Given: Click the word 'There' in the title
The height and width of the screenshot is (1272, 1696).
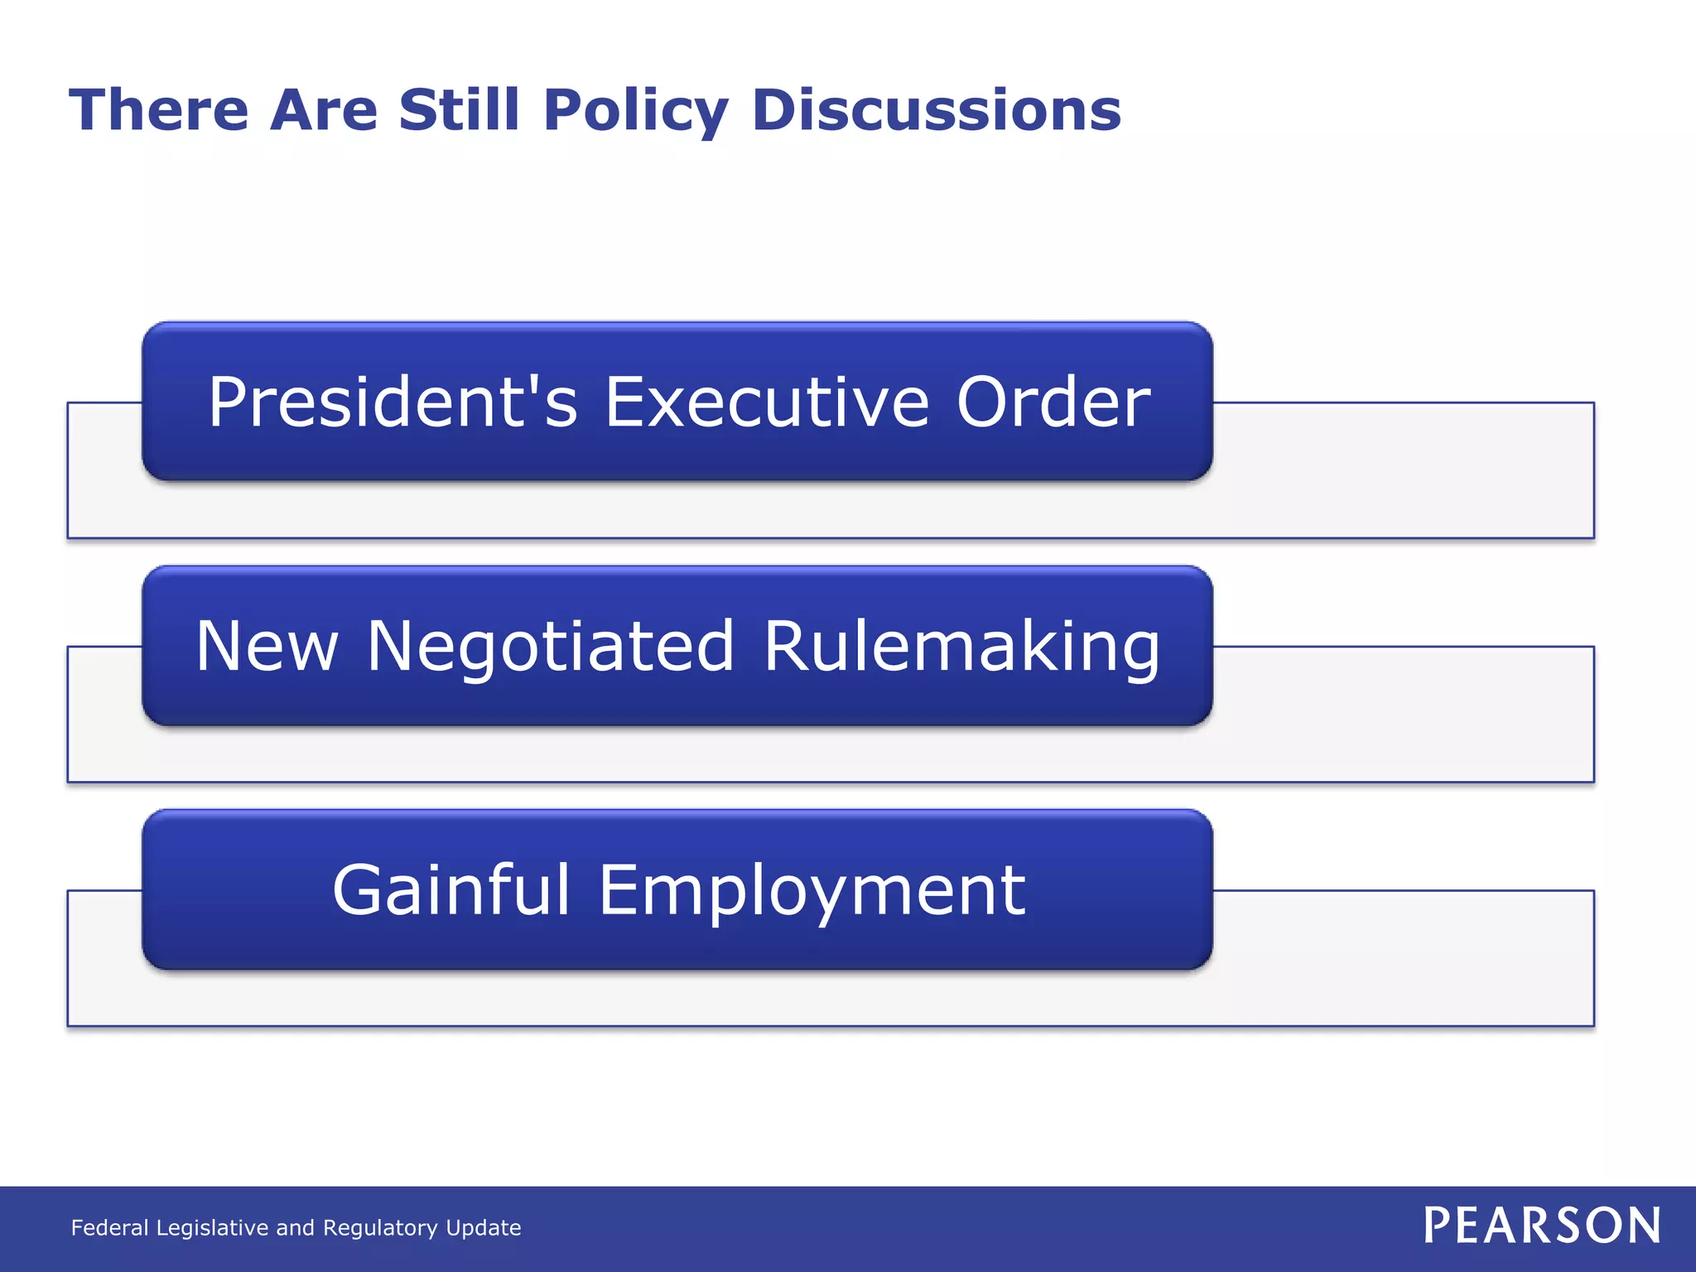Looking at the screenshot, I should pos(158,110).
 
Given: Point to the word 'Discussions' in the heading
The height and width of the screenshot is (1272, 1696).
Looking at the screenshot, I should pos(937,110).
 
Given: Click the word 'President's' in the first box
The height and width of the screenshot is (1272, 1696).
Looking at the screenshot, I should pos(393,402).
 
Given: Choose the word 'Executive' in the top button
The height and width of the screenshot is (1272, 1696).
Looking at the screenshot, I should pos(767,402).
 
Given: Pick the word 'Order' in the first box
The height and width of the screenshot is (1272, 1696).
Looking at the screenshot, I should pos(1053,402).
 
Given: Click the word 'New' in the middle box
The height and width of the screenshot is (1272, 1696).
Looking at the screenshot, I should pos(267,647).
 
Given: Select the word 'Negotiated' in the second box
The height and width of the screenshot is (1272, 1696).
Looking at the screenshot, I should pos(551,647).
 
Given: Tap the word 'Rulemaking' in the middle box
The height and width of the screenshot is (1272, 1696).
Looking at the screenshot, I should pos(961,647).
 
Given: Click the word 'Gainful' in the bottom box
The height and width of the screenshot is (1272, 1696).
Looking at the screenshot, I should pos(451,890).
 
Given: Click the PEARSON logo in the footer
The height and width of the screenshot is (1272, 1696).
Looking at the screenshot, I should pos(1542,1226).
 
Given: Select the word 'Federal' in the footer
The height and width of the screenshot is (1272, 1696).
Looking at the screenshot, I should pos(110,1227).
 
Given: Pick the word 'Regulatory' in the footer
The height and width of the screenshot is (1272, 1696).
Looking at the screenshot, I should pos(380,1228).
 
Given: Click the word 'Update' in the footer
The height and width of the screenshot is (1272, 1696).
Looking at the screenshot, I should pos(484,1228).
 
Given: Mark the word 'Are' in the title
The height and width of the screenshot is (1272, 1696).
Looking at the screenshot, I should pos(324,110).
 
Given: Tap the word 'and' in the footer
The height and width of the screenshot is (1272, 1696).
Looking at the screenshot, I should pos(295,1227).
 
